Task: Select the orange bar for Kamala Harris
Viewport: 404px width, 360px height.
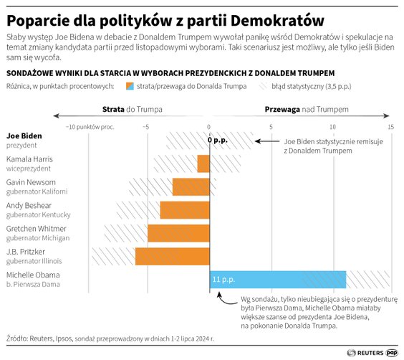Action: [x=203, y=164]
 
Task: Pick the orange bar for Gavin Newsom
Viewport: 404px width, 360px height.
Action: [x=191, y=186]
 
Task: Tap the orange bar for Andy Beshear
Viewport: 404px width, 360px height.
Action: [x=185, y=210]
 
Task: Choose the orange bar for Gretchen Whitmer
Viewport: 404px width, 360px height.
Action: [x=178, y=233]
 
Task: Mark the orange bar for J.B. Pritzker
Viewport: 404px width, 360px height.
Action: [x=173, y=256]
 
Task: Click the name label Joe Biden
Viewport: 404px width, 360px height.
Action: [x=24, y=136]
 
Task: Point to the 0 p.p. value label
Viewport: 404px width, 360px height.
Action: [x=217, y=140]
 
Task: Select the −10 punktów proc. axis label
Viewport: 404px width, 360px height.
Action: [x=90, y=127]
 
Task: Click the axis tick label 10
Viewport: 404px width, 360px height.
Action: [x=331, y=127]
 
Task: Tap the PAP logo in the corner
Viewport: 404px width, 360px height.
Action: [x=392, y=352]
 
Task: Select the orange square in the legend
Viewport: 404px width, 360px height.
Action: [x=130, y=86]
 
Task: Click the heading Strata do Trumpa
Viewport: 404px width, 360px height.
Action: [x=133, y=110]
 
